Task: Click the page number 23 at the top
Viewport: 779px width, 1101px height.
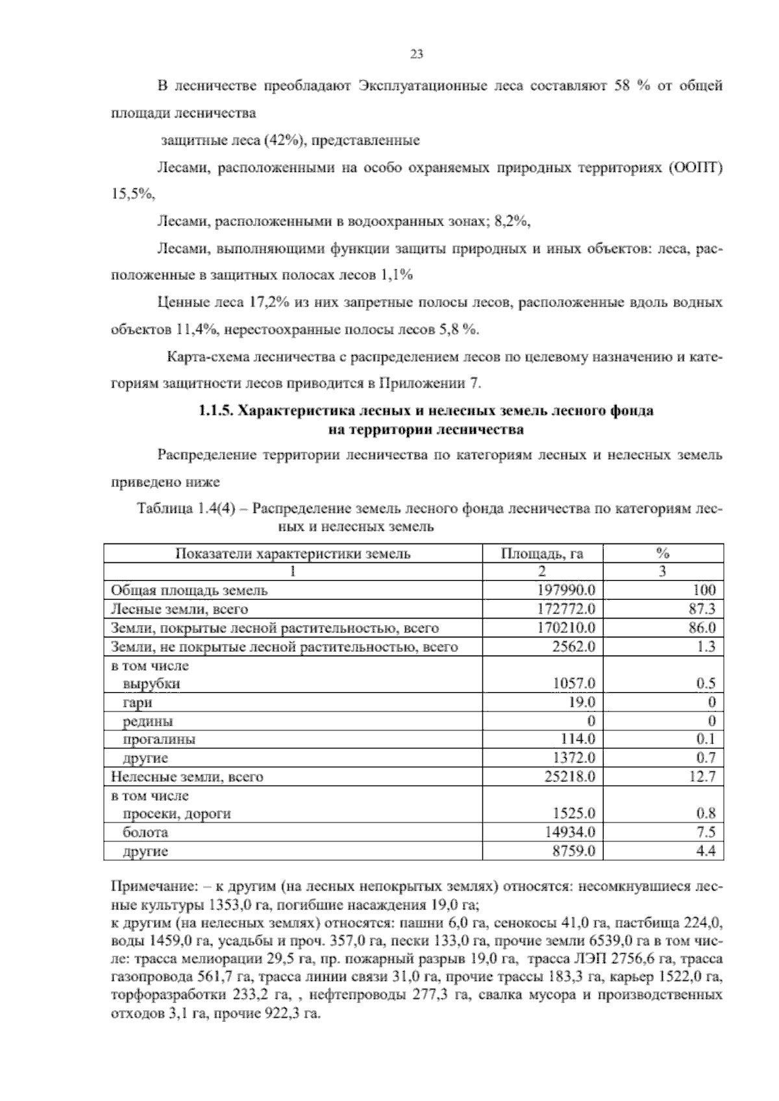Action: pos(416,55)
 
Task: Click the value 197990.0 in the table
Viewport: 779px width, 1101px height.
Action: pos(567,590)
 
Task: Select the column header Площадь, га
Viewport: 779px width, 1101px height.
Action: pos(542,553)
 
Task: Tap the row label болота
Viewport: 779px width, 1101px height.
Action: pos(145,832)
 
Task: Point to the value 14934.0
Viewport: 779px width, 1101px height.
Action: pos(570,832)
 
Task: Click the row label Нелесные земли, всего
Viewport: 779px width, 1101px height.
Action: pos(187,776)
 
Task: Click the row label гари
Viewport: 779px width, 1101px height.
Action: pos(137,702)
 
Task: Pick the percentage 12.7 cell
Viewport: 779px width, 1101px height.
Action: pos(702,776)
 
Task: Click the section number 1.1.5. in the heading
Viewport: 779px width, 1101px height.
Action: pos(216,411)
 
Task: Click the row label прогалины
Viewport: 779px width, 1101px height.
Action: pos(159,739)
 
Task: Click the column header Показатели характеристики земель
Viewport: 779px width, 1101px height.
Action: pos(293,553)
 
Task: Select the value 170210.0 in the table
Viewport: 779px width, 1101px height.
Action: pos(567,628)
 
